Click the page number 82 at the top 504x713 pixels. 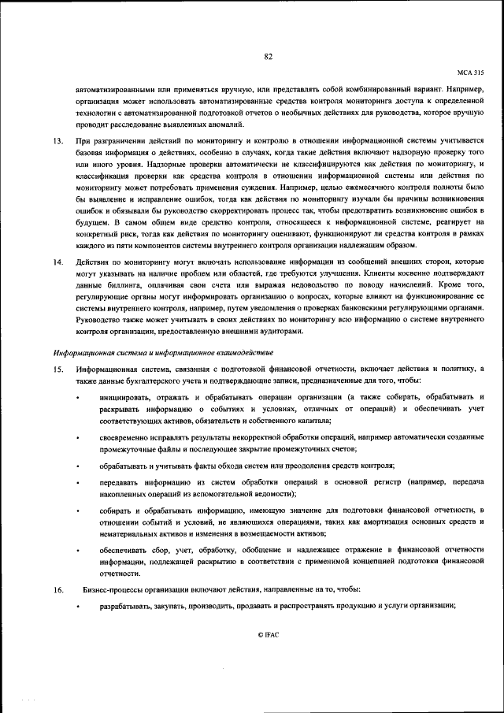tap(268, 56)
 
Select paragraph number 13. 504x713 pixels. tap(57, 140)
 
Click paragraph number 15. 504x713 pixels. tap(57, 369)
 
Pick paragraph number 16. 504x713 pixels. tap(57, 589)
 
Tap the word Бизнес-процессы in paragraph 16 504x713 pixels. tap(108, 589)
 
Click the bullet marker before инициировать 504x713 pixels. tap(77, 396)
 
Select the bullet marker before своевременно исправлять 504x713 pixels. tap(77, 436)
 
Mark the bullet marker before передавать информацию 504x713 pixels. tap(77, 481)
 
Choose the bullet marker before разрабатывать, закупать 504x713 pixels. tap(77, 605)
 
